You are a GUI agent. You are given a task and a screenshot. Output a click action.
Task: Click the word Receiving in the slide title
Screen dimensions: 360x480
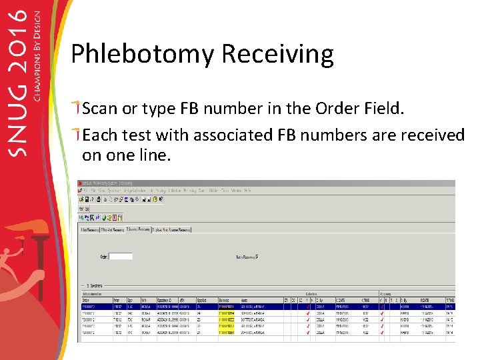click(279, 54)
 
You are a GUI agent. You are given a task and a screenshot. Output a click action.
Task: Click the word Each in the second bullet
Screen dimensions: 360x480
click(100, 135)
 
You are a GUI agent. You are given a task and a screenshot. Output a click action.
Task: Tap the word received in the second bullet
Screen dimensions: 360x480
click(432, 135)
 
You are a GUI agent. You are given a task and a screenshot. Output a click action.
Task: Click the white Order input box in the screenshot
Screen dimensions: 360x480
click(121, 256)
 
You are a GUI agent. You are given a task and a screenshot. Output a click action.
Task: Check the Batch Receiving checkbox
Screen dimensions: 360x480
click(257, 257)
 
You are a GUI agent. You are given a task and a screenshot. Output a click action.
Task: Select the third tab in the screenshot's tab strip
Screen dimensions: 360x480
click(135, 229)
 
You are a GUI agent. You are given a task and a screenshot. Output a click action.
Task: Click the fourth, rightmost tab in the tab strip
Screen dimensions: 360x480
click(171, 229)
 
